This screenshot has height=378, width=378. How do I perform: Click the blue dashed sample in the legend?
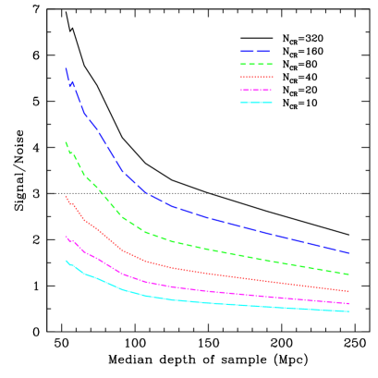pos(255,51)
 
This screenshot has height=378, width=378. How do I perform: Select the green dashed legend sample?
pos(256,64)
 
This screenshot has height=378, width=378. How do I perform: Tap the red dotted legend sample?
pos(256,77)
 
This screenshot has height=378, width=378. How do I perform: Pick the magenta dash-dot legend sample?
pos(256,90)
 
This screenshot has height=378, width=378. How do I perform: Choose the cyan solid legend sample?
pos(256,102)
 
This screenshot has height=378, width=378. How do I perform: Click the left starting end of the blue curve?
pos(66,68)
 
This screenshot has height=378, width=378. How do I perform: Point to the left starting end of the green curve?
pos(66,142)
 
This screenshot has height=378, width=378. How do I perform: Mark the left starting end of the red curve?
pos(66,196)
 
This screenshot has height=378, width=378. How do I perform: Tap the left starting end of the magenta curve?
pos(66,237)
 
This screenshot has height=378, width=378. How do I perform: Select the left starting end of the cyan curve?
pos(66,261)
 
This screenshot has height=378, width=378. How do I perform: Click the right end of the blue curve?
pos(348,252)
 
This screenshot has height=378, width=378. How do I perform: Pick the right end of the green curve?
pos(348,274)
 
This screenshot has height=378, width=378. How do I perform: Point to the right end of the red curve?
pos(348,291)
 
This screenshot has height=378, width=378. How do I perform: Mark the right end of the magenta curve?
pos(348,303)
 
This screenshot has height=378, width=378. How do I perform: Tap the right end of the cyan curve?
pos(348,311)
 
